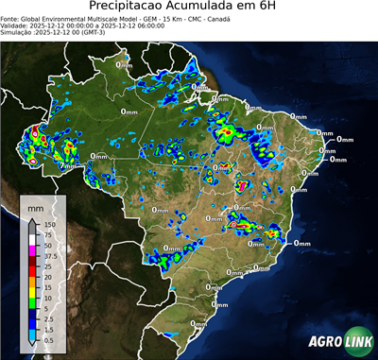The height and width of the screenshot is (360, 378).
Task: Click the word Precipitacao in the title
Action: tap(129, 8)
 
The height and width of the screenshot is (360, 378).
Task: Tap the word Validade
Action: tap(17, 25)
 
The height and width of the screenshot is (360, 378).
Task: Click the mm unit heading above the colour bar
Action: tap(34, 206)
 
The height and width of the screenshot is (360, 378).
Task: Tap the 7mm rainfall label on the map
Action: tap(67, 166)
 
